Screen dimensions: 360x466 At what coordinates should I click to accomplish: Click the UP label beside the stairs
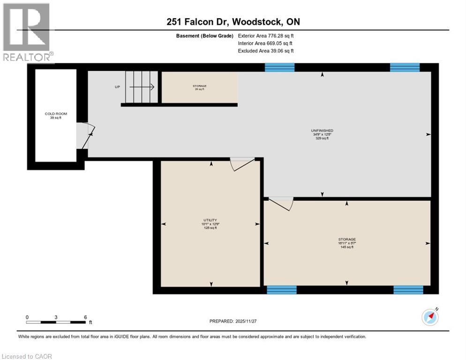pyautogui.click(x=117, y=87)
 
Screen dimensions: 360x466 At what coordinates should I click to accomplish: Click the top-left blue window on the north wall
pyautogui.click(x=279, y=67)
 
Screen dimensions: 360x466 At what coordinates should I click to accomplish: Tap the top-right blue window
pyautogui.click(x=405, y=67)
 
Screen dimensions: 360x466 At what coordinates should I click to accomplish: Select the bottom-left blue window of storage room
pyautogui.click(x=281, y=290)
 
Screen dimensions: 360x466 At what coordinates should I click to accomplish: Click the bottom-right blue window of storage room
pyautogui.click(x=408, y=290)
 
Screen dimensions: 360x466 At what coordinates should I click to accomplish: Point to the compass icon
pyautogui.click(x=430, y=317)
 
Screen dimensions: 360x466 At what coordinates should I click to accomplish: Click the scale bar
pyautogui.click(x=56, y=322)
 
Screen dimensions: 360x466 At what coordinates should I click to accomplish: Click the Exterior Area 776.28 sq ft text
pyautogui.click(x=266, y=36)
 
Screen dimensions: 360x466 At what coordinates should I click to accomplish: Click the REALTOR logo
pyautogui.click(x=27, y=33)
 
